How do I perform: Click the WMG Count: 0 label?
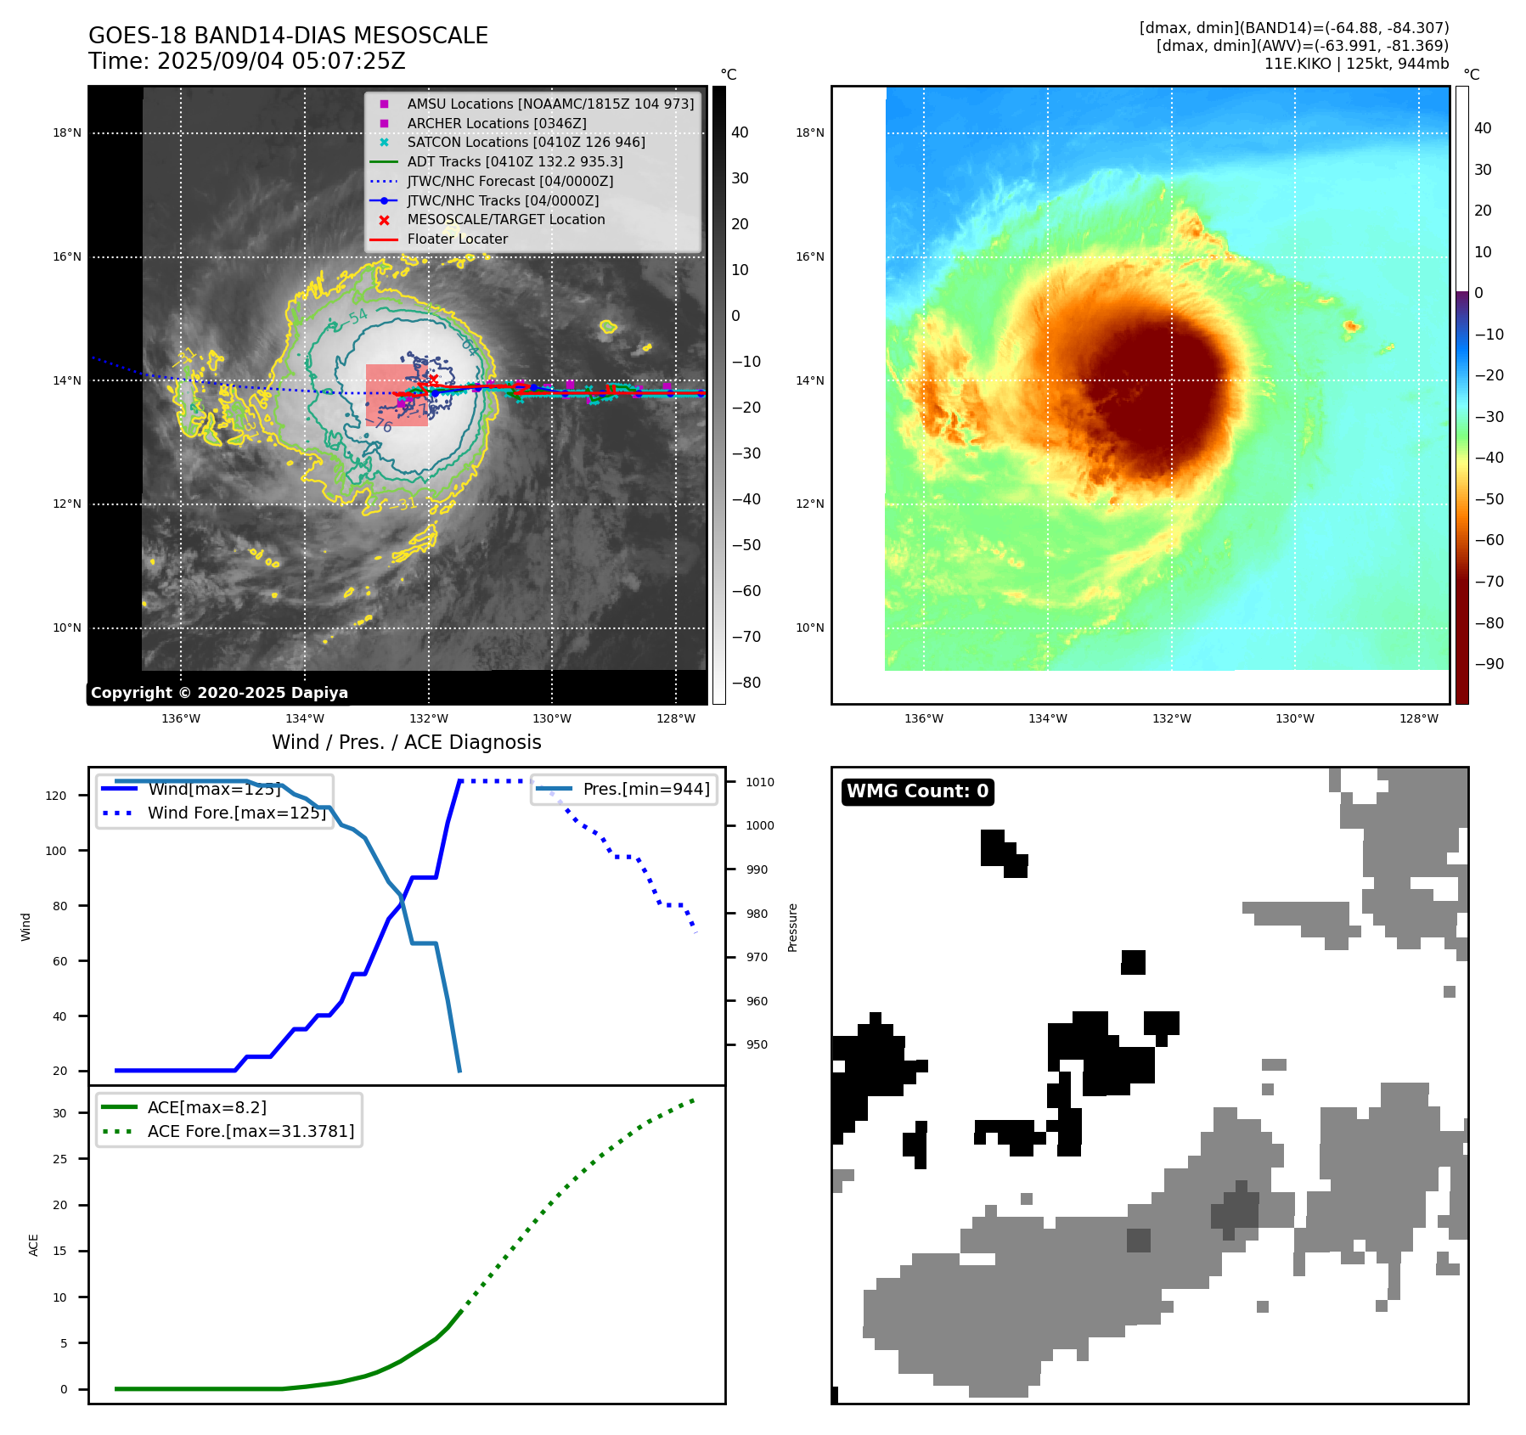click(x=917, y=791)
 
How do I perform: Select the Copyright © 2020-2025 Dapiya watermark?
click(x=219, y=693)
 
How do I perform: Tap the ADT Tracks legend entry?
click(x=515, y=161)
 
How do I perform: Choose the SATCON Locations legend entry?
click(x=526, y=142)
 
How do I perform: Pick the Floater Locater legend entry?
click(x=457, y=239)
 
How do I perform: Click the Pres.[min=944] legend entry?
click(x=645, y=789)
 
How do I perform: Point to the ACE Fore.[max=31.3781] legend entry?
click(x=251, y=1131)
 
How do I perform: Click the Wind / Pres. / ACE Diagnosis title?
click(x=406, y=742)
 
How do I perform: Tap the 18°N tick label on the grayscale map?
click(x=67, y=132)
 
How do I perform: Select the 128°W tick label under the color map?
click(x=1419, y=718)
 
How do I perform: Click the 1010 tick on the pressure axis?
click(x=760, y=782)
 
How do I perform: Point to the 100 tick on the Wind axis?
click(x=56, y=851)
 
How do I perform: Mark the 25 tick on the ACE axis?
click(x=59, y=1159)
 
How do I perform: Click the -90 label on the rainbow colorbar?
click(x=1489, y=664)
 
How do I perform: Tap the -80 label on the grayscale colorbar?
click(x=746, y=683)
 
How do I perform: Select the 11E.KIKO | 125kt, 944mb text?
click(x=1356, y=64)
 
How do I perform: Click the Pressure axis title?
click(x=793, y=927)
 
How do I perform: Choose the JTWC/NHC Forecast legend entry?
click(x=510, y=181)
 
